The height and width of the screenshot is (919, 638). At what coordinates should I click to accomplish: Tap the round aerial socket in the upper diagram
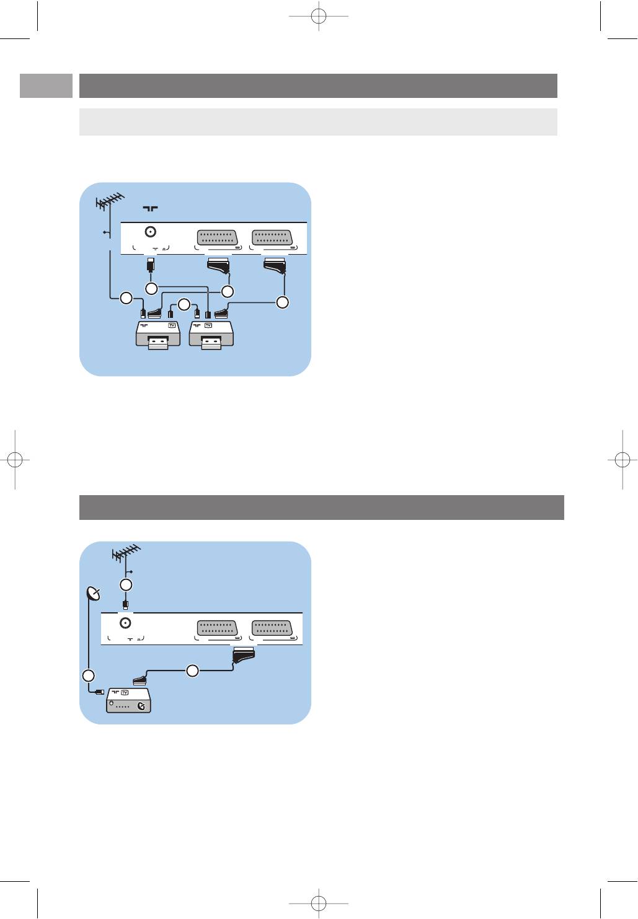click(x=150, y=232)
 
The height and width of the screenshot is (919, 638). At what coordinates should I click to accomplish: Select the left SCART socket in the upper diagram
click(x=217, y=238)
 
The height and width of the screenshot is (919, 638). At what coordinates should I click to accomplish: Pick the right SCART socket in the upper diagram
click(x=272, y=238)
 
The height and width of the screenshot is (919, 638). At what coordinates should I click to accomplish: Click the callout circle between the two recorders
click(x=184, y=304)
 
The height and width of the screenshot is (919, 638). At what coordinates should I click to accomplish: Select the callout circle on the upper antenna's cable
click(x=126, y=298)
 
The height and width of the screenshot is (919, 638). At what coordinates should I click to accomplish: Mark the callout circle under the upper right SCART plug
click(x=283, y=302)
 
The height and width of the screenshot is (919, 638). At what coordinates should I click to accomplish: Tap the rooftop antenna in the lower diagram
click(x=126, y=553)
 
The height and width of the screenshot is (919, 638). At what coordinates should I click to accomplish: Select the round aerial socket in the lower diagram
click(x=125, y=623)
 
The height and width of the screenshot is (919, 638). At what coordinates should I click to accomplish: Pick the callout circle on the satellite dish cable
click(x=89, y=675)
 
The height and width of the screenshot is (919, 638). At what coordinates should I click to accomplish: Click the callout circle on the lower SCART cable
click(x=193, y=671)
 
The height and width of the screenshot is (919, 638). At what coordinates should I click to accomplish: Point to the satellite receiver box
click(x=129, y=700)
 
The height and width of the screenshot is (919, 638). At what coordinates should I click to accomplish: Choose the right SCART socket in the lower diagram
click(x=272, y=628)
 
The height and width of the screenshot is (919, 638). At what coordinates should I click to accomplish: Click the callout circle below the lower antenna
click(x=126, y=584)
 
